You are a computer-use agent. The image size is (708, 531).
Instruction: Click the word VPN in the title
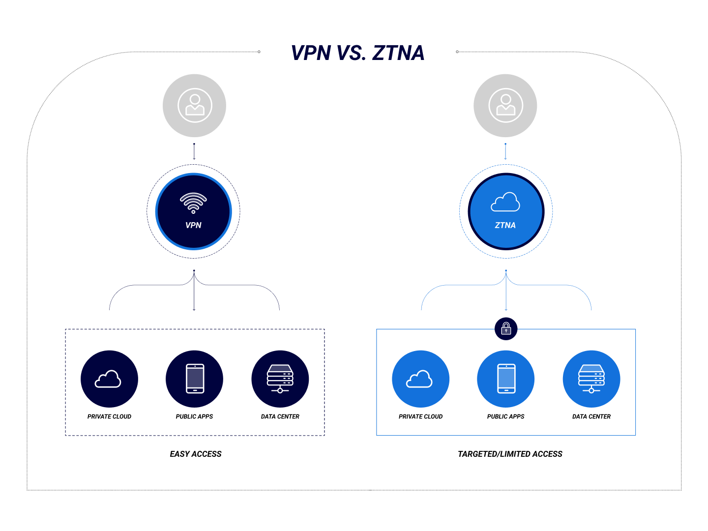[x=311, y=53]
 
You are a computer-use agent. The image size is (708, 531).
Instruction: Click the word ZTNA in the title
[x=398, y=53]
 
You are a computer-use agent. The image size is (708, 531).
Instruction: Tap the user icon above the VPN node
[x=195, y=106]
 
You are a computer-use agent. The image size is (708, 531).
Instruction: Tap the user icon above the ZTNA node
[x=505, y=106]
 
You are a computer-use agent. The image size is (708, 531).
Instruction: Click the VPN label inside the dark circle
[x=193, y=225]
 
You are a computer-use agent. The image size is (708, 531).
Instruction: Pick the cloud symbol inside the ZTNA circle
[x=505, y=202]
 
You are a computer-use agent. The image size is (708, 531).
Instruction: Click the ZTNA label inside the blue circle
[x=505, y=225]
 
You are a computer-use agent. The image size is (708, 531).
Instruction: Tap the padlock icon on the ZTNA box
[x=506, y=328]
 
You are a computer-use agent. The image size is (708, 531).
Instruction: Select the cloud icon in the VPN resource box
[x=109, y=379]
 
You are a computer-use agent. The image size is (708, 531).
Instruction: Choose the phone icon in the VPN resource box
[x=195, y=379]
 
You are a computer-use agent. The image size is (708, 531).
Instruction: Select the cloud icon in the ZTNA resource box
[x=420, y=379]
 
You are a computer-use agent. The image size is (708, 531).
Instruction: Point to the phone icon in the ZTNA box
[x=506, y=379]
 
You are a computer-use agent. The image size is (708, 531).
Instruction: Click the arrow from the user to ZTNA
[x=505, y=151]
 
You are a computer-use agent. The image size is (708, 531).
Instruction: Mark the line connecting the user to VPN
[x=194, y=151]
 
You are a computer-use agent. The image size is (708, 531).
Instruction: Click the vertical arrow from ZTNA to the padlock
[x=506, y=293]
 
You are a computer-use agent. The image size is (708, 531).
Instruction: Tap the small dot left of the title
[x=259, y=52]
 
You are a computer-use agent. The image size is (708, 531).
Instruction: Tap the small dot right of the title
[x=457, y=52]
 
